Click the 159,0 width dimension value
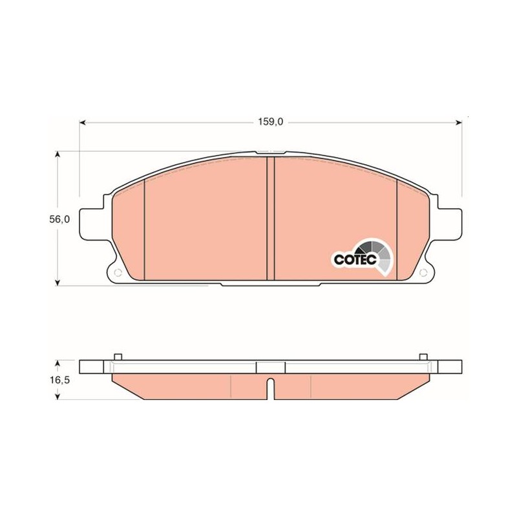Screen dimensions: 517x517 pos(270,122)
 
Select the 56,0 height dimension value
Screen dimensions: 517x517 pos(59,220)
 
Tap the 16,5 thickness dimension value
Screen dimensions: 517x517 pos(59,380)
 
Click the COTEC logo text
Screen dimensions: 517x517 pos(355,260)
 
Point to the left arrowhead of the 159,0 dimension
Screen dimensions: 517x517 pos(83,123)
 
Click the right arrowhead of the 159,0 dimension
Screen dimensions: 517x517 pos(458,123)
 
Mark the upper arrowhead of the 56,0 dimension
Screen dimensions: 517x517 pos(58,154)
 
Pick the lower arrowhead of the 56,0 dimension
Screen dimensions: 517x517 pos(58,282)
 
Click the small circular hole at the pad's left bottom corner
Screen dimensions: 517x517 pos(118,273)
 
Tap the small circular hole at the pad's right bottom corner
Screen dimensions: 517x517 pos(423,273)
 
